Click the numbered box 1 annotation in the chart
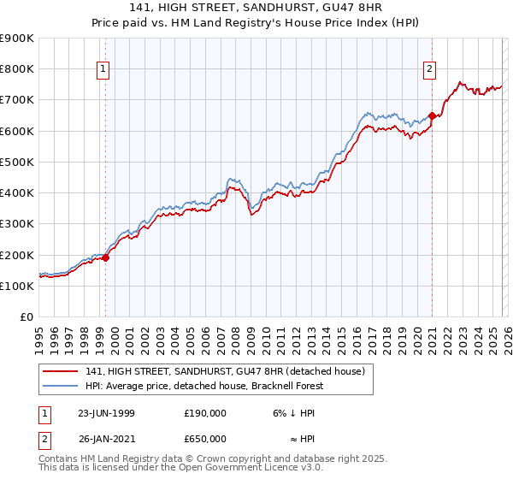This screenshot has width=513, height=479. (103, 70)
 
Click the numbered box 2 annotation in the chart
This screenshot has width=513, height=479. (429, 70)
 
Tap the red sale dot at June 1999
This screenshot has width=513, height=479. (106, 257)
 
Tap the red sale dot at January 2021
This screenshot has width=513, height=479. (433, 115)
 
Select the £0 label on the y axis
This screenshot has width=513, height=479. (26, 316)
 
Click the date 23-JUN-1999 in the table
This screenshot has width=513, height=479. (106, 413)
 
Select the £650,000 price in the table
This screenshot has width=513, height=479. (205, 438)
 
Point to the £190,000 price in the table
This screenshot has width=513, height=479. (205, 413)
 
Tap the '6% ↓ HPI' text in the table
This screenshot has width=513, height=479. (291, 413)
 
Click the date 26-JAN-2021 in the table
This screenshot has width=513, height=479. (106, 438)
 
